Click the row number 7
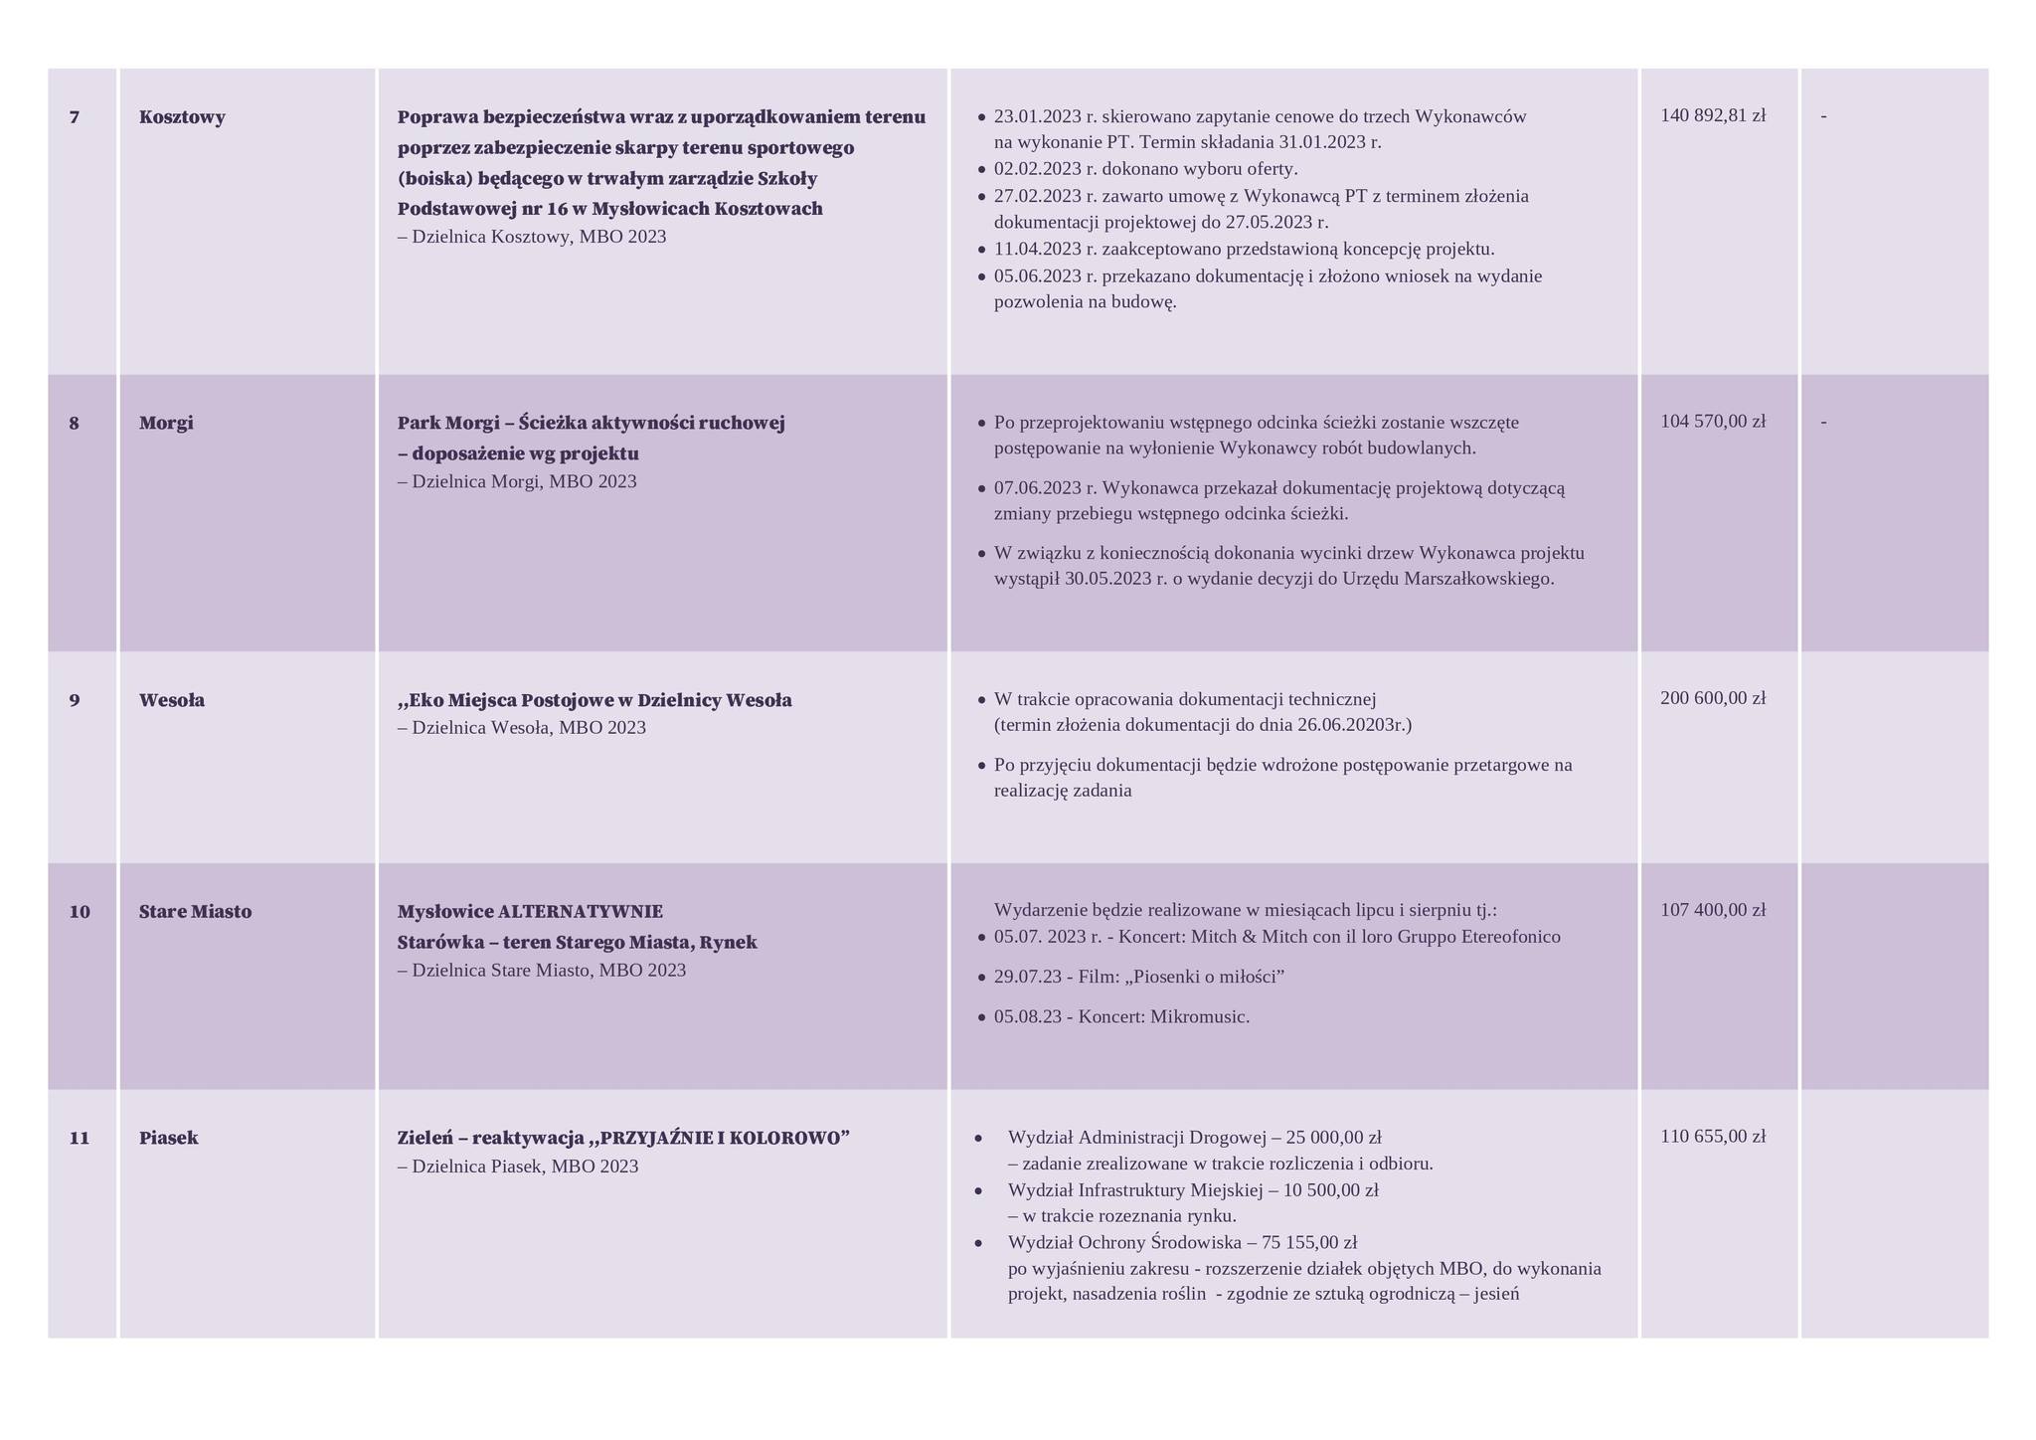(75, 117)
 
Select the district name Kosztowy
(182, 117)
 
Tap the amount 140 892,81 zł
(1713, 115)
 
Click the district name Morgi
(166, 423)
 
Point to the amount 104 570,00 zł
(1713, 422)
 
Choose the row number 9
(75, 700)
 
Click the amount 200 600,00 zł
(1713, 698)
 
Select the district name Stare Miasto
(195, 912)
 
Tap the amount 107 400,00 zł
(1713, 910)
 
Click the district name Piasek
(169, 1138)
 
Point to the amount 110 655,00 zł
(1713, 1137)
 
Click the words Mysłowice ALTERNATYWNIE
(530, 912)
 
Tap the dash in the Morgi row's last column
(1823, 422)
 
